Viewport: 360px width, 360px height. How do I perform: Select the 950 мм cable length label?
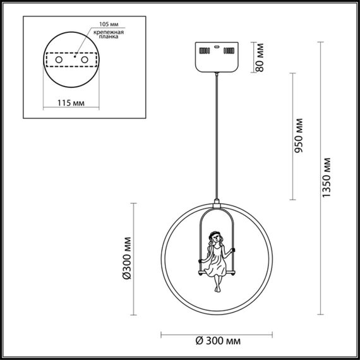[299, 135]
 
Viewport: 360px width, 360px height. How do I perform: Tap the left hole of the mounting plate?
[59, 59]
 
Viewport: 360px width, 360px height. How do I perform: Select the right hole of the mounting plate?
[82, 59]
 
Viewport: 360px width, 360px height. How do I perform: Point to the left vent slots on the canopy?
[203, 49]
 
